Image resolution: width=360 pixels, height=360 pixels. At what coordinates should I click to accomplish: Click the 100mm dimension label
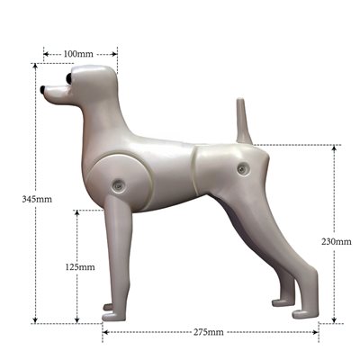point(78,54)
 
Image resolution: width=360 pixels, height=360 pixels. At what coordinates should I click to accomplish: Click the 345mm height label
point(37,199)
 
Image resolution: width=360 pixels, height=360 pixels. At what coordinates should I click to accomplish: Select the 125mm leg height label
point(80,266)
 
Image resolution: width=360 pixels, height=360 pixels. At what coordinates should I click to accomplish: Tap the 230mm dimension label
point(337,241)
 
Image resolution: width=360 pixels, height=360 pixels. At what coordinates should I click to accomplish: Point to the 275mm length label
point(208,332)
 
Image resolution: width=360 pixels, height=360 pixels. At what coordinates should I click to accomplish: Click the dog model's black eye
point(69,78)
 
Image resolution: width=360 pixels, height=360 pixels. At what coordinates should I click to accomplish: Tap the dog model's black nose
point(43,89)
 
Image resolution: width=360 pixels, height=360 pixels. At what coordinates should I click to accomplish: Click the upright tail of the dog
point(243,121)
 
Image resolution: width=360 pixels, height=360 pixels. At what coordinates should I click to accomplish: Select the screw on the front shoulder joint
point(117,185)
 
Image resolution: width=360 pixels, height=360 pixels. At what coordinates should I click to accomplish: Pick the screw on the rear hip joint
point(242,169)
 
